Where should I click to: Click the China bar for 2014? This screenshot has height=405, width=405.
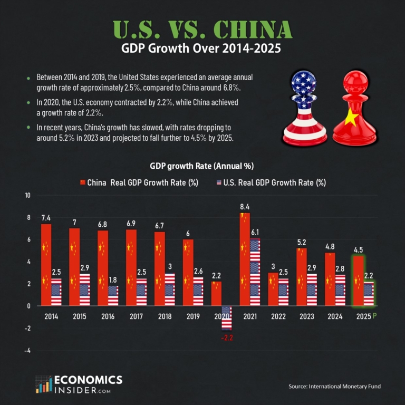click(46, 265)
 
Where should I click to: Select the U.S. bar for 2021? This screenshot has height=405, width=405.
click(255, 272)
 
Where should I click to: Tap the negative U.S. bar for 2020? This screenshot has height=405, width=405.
click(226, 317)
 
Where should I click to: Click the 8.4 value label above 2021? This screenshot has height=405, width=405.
click(244, 207)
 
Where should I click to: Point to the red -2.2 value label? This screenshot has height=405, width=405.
click(227, 337)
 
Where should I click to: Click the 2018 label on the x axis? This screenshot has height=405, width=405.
click(165, 317)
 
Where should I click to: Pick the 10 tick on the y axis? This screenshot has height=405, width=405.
click(27, 196)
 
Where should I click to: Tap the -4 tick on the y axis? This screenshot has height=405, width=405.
click(28, 350)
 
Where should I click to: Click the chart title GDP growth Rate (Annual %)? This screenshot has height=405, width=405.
click(202, 166)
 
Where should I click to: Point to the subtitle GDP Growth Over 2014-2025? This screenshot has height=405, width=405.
click(202, 51)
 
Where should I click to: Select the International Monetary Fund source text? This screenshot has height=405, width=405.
click(334, 387)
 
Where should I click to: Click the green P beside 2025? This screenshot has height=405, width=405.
click(375, 316)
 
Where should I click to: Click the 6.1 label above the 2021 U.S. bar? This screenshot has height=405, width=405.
click(255, 232)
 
